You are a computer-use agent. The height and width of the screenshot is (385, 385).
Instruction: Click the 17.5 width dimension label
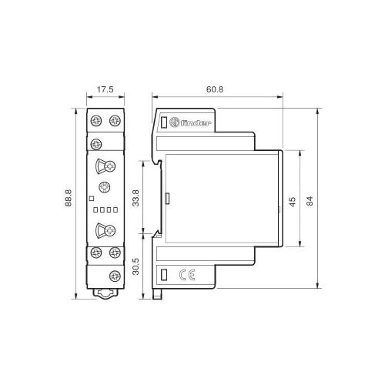coord(105,89)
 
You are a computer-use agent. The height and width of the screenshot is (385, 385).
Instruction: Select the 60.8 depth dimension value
coord(215,89)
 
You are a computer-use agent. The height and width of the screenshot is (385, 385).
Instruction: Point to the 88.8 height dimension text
coord(69,198)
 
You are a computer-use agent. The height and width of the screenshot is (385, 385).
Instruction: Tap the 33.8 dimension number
coord(136,198)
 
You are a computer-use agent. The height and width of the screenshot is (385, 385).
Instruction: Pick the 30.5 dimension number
coord(136,266)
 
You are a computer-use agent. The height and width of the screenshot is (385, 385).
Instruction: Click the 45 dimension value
coord(293,202)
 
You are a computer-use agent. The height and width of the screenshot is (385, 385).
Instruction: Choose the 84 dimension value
coord(310,201)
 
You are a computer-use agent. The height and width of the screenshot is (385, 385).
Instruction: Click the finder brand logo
coord(190,122)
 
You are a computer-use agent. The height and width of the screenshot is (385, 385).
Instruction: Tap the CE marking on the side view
coord(187,275)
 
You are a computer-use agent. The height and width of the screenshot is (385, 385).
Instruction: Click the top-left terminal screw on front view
coord(96,120)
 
